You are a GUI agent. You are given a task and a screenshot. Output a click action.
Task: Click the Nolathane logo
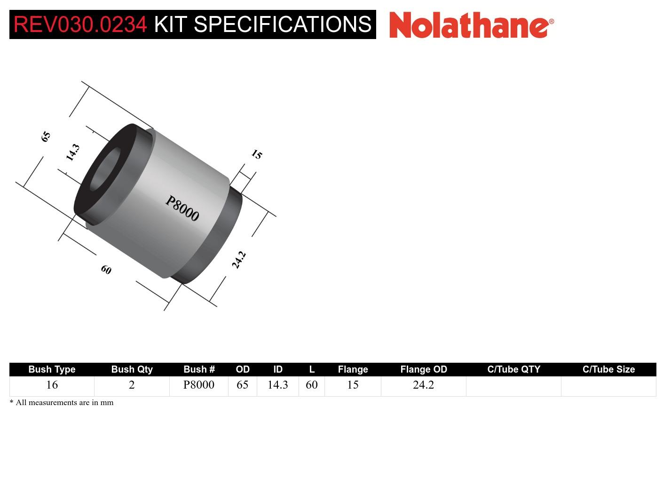click(471, 25)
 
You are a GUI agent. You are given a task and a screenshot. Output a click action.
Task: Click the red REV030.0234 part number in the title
click(80, 24)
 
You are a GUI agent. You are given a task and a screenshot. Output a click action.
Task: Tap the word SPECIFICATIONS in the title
click(283, 24)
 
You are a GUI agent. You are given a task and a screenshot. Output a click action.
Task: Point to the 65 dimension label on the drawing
click(46, 136)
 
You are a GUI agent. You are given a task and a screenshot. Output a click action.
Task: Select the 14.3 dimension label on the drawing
click(72, 152)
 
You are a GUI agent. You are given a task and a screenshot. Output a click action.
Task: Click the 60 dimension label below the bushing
click(106, 270)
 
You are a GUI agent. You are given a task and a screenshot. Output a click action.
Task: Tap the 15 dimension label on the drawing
click(256, 154)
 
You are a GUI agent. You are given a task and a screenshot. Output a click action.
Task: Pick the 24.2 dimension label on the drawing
click(239, 260)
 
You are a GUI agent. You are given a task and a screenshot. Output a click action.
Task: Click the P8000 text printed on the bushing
click(182, 208)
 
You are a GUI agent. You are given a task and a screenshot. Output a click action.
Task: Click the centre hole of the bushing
click(105, 170)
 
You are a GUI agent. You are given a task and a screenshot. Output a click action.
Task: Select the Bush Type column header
click(52, 369)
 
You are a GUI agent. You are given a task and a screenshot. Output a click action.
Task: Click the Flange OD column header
click(423, 369)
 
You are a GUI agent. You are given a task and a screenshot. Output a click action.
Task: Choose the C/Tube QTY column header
click(513, 369)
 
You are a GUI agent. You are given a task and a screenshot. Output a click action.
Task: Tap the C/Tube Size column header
click(608, 369)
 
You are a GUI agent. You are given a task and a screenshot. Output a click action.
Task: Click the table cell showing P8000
click(198, 385)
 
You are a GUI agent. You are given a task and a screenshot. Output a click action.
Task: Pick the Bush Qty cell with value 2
click(132, 385)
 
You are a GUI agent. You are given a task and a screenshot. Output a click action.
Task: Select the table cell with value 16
click(52, 385)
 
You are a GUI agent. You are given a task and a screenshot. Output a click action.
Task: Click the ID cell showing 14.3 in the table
click(277, 385)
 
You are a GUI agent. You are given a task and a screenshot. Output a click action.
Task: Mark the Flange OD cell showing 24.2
click(423, 385)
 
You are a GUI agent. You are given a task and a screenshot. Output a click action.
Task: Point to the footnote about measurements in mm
click(62, 402)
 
